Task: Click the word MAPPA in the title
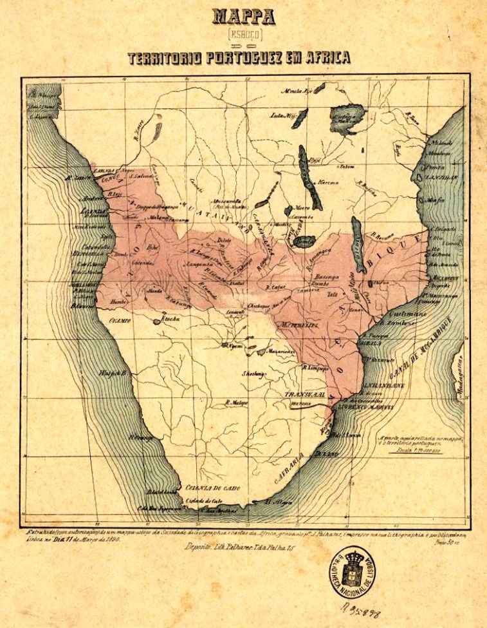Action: click(243, 17)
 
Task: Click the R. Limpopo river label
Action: click(315, 368)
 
